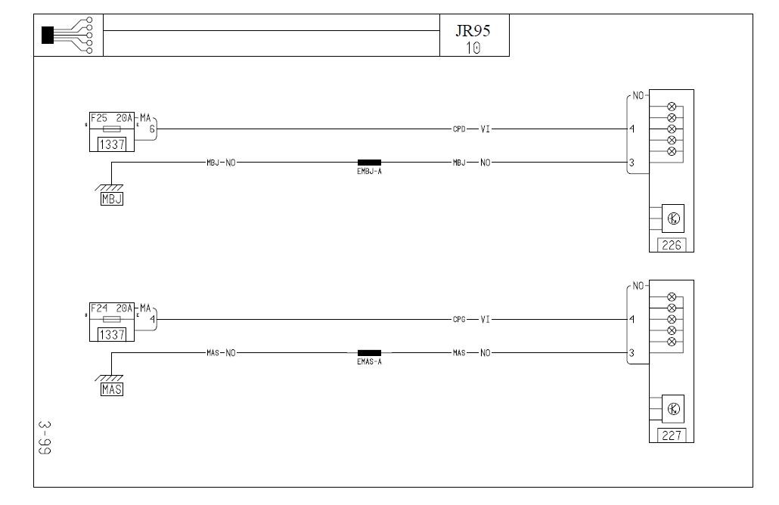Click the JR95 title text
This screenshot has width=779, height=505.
(473, 31)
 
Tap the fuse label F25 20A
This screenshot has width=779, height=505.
(111, 118)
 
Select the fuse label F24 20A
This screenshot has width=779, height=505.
(111, 308)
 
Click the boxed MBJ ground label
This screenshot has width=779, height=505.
(112, 199)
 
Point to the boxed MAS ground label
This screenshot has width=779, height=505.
(112, 389)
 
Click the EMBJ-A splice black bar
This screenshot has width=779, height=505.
(369, 163)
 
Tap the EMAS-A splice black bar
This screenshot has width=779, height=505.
(369, 353)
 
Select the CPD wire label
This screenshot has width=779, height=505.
(459, 129)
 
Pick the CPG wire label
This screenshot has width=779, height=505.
(459, 319)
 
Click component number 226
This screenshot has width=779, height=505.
(671, 245)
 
